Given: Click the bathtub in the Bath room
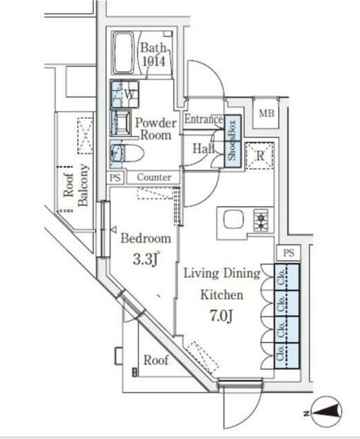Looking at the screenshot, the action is click(124, 53).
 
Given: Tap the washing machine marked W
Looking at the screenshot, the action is click(125, 94).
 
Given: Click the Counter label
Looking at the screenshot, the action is click(154, 177).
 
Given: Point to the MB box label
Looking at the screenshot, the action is click(266, 113).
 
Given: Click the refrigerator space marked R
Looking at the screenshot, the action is click(260, 155).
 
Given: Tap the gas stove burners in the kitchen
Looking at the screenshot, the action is click(260, 221).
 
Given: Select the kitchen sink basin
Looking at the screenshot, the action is click(234, 220).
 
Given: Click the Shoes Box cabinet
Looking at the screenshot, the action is click(233, 141).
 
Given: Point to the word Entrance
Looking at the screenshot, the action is click(204, 119).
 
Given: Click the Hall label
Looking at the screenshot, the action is click(204, 148).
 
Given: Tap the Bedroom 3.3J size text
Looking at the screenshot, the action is click(146, 259).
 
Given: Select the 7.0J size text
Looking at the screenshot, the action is click(222, 316).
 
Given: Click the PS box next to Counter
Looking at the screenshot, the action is click(115, 177).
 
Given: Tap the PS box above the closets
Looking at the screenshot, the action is click(289, 253).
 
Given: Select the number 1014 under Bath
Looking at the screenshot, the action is click(153, 61).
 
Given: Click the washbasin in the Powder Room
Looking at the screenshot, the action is click(121, 123).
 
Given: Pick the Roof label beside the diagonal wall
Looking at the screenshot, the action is click(156, 360).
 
